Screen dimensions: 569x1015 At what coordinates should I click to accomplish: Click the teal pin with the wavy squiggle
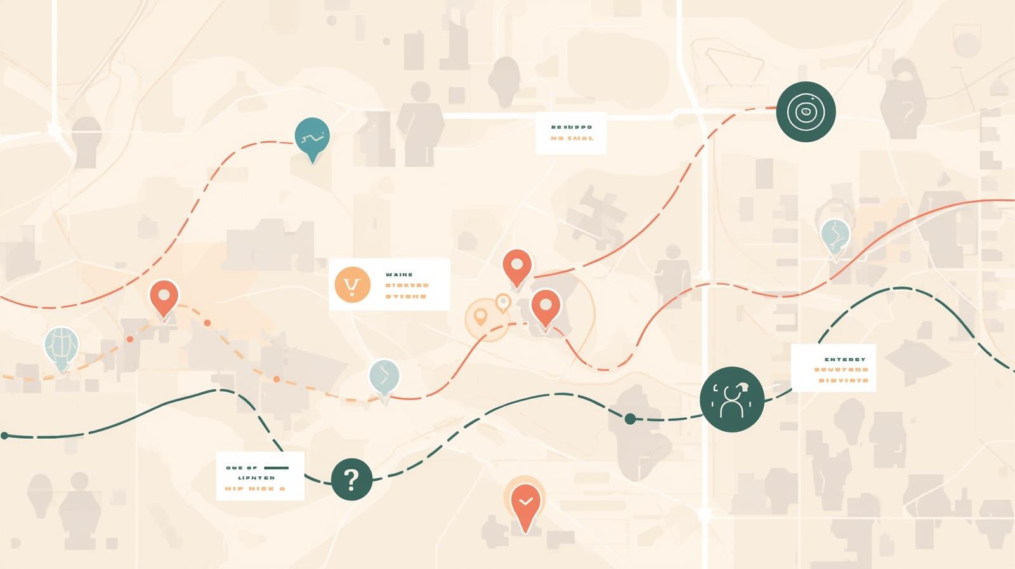(312, 137)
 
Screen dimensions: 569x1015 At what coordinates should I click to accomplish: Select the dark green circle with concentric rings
(806, 112)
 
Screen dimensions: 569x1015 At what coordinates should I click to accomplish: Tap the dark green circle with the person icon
(731, 400)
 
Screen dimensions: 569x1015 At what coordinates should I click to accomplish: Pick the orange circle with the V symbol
(352, 284)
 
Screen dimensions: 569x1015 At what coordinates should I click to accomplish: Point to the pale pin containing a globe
(62, 346)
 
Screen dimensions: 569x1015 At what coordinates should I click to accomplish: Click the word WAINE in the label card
(399, 275)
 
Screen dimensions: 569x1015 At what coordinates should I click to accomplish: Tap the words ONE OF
(242, 467)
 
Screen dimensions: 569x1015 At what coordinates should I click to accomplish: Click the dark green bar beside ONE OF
(276, 467)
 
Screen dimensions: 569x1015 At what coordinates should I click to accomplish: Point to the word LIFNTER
(256, 478)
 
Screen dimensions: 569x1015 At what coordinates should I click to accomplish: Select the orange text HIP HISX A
(255, 489)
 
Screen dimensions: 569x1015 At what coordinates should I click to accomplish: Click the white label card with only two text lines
(571, 133)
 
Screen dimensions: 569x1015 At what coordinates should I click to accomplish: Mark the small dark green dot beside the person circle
(630, 418)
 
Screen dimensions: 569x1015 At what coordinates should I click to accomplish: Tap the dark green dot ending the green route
(4, 436)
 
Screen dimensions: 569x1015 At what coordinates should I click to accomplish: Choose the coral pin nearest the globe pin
(164, 297)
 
